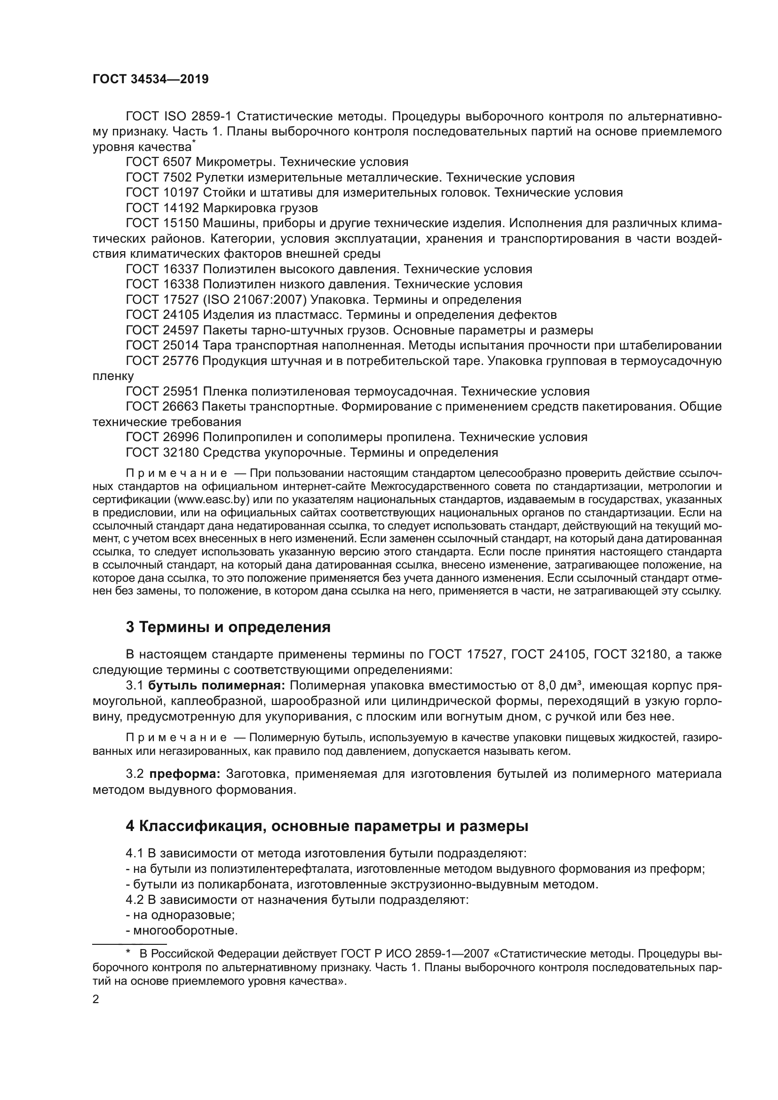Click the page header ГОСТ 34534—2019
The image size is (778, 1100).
coord(151,79)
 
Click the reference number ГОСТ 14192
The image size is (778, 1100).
coord(162,208)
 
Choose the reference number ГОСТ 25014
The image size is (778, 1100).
coord(162,346)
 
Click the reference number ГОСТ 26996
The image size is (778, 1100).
coord(162,437)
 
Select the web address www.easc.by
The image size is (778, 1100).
coord(212,500)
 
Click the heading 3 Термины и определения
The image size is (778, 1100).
coord(228,627)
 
